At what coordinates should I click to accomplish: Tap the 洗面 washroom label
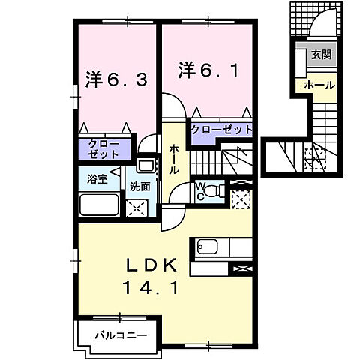(x=140, y=185)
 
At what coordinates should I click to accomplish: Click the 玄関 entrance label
(x=322, y=55)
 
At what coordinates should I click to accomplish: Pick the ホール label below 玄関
(x=319, y=85)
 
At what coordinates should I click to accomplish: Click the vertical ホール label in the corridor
(x=173, y=160)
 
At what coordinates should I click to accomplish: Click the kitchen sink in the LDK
(x=207, y=246)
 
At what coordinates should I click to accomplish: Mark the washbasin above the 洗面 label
(x=145, y=167)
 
